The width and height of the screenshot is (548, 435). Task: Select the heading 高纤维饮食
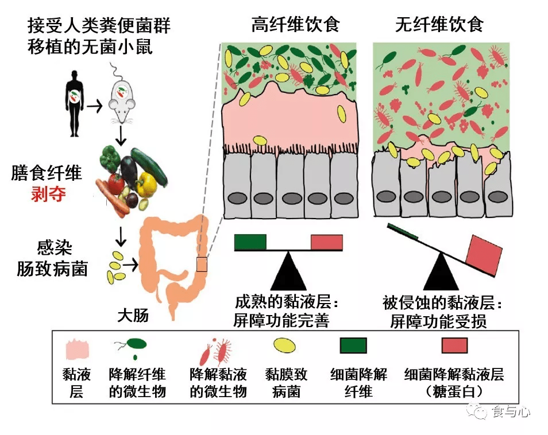pyautogui.click(x=296, y=25)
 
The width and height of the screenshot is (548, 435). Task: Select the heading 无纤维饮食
pyautogui.click(x=439, y=25)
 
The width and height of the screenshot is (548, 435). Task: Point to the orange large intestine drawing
pyautogui.click(x=172, y=258)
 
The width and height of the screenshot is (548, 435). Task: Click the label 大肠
pyautogui.click(x=133, y=314)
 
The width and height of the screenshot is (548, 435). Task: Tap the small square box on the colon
pyautogui.click(x=201, y=264)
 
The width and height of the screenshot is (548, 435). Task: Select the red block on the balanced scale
pyautogui.click(x=326, y=242)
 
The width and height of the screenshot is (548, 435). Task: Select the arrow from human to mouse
pyautogui.click(x=95, y=106)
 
